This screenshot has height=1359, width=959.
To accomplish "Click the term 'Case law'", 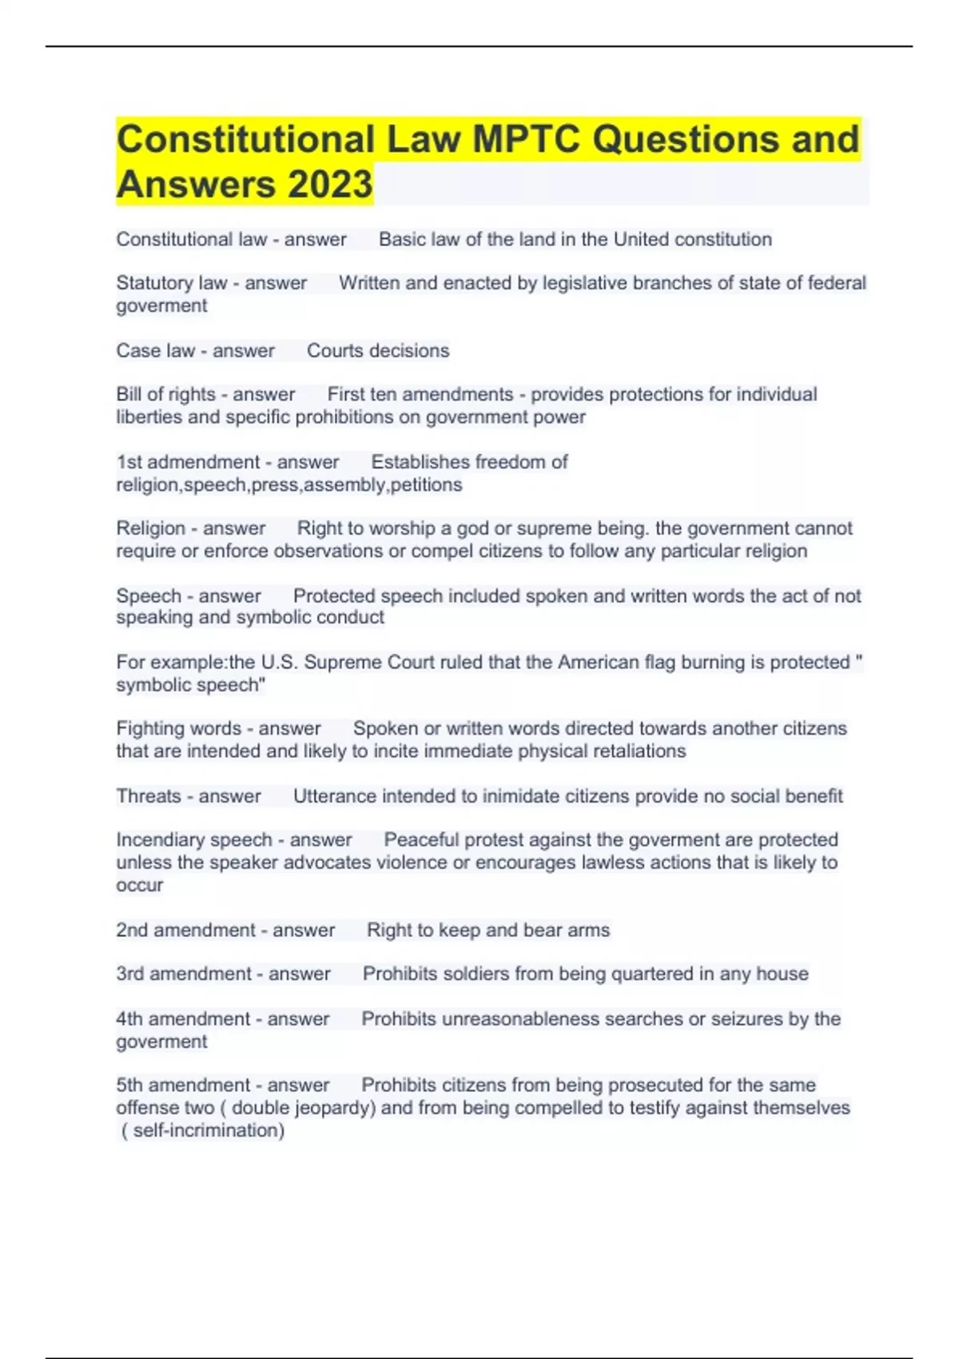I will tap(156, 350).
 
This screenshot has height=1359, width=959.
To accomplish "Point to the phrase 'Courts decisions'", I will tap(378, 350).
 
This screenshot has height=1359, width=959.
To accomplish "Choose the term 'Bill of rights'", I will tap(166, 394).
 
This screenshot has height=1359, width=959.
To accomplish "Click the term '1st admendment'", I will tap(188, 462).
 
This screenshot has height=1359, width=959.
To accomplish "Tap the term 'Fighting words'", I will tap(178, 728).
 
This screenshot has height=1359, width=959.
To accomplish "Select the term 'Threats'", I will tap(149, 796).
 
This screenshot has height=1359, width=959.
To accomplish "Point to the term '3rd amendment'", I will tap(184, 974).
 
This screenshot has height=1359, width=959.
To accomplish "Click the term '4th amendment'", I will tap(183, 1018).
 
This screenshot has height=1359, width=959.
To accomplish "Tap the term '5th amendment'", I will tap(183, 1085).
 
